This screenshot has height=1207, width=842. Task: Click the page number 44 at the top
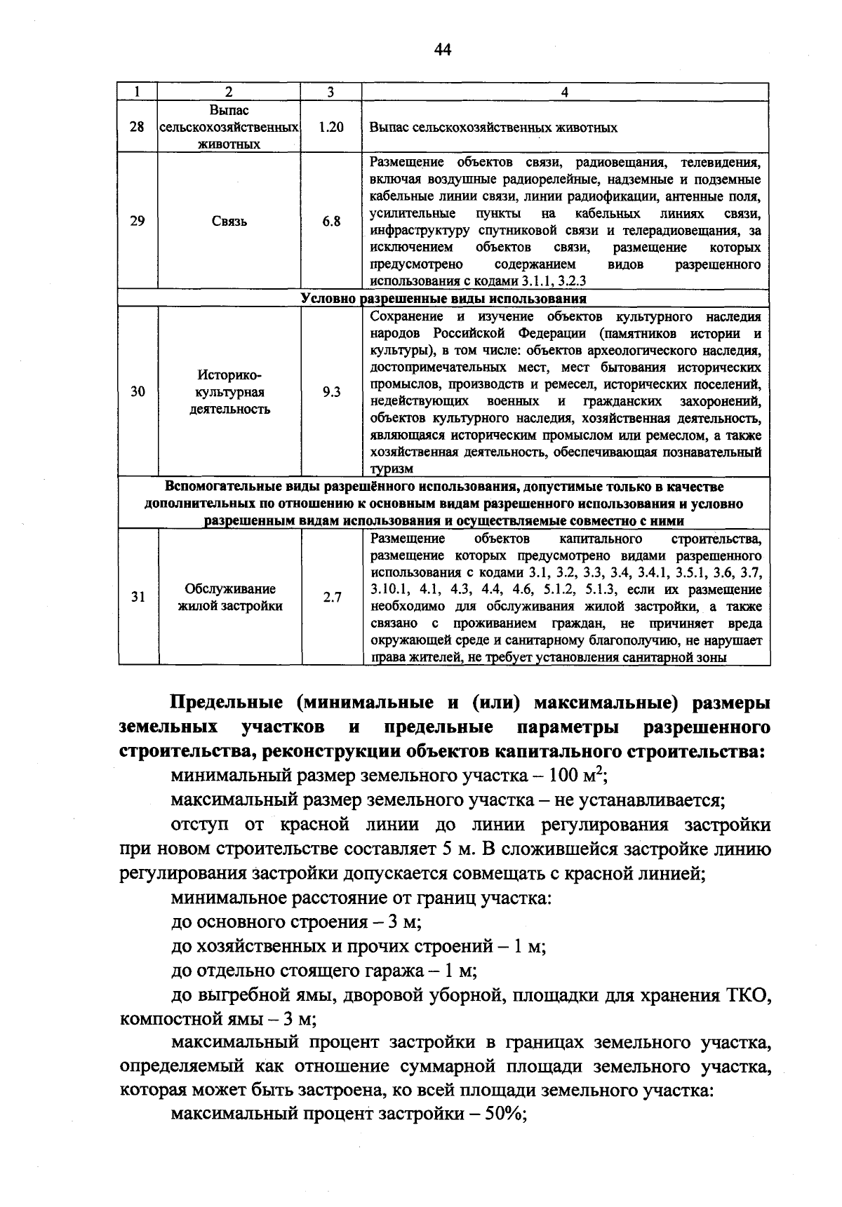point(442,48)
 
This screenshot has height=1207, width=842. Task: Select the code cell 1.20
point(330,128)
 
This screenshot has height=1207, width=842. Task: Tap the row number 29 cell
point(138,221)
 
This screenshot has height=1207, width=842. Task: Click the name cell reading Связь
point(229,222)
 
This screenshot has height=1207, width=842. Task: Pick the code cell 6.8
point(331,221)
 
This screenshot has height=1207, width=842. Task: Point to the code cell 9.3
point(331,392)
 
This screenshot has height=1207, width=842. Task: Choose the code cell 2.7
point(332,597)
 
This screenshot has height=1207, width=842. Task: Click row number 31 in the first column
point(138,597)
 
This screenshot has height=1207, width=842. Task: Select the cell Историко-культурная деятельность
point(229,392)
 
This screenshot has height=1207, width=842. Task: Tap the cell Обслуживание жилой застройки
point(229,597)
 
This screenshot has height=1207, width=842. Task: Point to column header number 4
point(565,92)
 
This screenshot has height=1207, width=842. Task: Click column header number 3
point(330,92)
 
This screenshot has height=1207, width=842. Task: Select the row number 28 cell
point(138,128)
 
